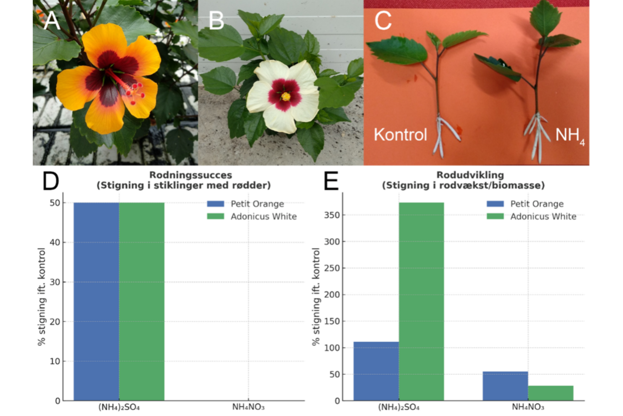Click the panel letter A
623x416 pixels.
pos(51,20)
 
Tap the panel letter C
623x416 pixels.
pos(382,20)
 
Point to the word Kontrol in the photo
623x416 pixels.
pos(400,135)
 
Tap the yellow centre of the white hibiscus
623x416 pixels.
pos(286,96)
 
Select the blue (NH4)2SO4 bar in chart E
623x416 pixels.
pos(376,371)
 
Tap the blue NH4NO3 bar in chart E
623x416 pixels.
pos(505,386)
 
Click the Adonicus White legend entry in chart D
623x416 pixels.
pos(263,216)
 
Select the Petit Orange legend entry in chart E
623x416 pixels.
pos(537,204)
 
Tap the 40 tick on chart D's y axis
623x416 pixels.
pos(55,242)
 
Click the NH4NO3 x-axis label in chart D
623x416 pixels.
pos(248,407)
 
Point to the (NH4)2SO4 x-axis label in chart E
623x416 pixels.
pos(399,407)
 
